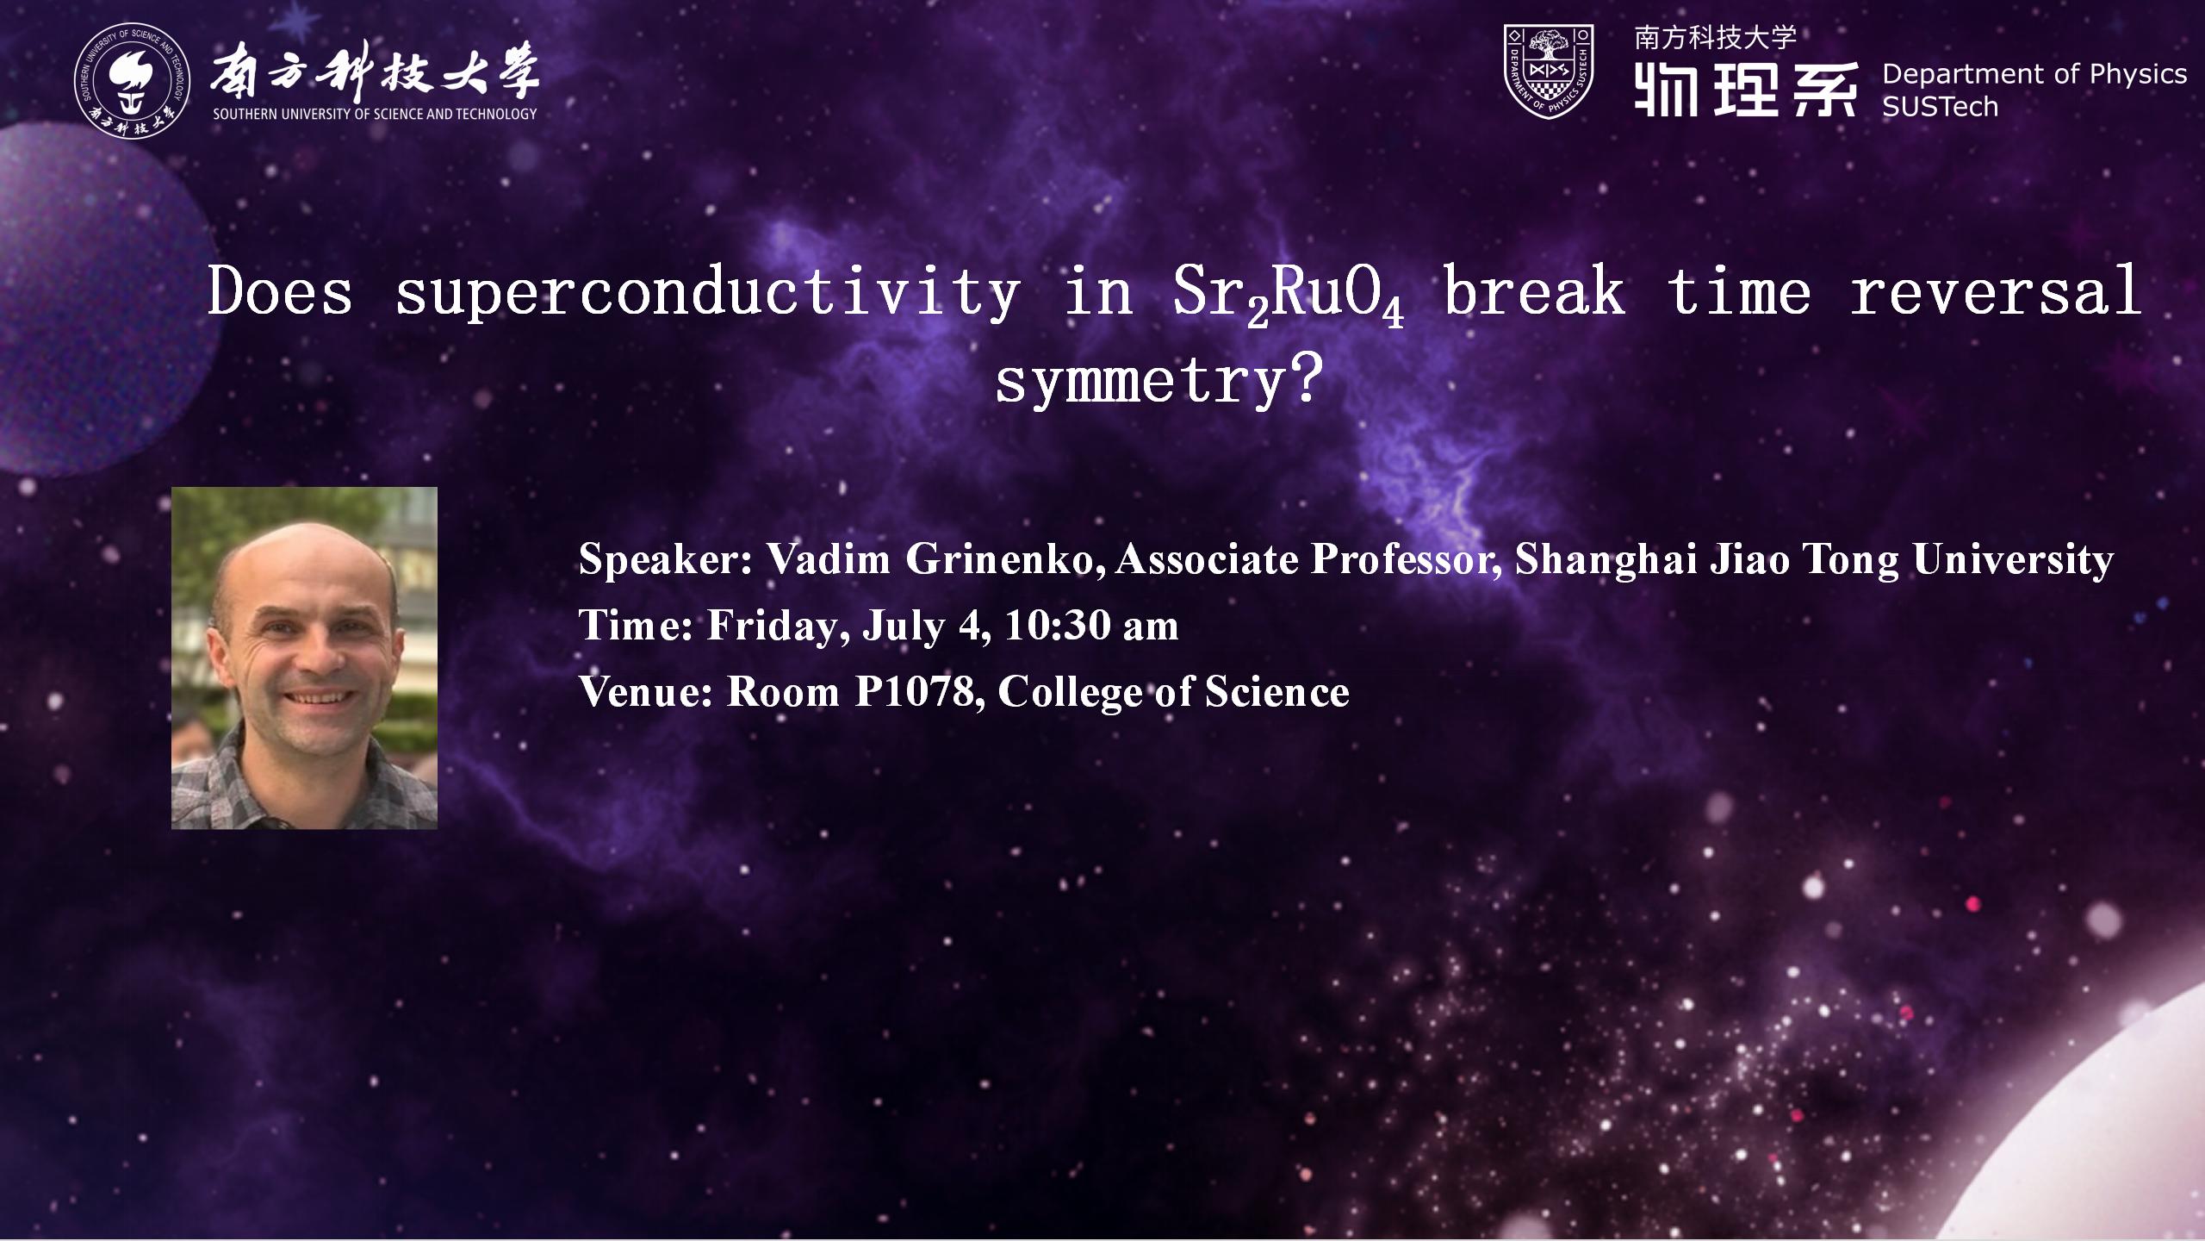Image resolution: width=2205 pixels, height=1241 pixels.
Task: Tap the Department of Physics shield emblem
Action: (x=1548, y=71)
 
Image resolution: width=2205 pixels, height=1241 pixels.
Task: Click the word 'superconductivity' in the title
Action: (x=707, y=293)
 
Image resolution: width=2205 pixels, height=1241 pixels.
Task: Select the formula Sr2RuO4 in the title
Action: (x=1289, y=295)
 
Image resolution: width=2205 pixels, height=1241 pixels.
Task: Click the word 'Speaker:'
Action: (x=666, y=560)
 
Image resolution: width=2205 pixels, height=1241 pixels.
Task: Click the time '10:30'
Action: (x=1057, y=625)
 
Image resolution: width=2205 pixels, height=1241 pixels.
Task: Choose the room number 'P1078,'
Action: (x=920, y=692)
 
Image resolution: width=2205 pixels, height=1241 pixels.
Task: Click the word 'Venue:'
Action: (x=646, y=692)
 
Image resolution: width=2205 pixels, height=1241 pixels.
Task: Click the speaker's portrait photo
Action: (x=304, y=658)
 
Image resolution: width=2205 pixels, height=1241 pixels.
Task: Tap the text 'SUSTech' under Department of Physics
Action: (x=1940, y=107)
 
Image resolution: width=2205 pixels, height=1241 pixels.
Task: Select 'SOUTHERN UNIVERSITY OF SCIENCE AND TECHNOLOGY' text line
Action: (x=375, y=114)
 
